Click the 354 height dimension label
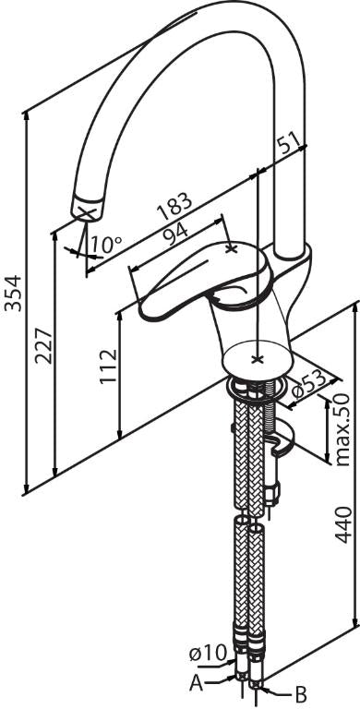pos(13,293)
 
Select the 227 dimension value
pos(44,347)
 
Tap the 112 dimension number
pos(109,366)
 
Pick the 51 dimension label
pos(288,144)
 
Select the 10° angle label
pos(105,245)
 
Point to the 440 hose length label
pos(343,524)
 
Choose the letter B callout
pos(301,692)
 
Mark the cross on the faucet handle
pos(231,248)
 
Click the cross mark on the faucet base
pos(258,359)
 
